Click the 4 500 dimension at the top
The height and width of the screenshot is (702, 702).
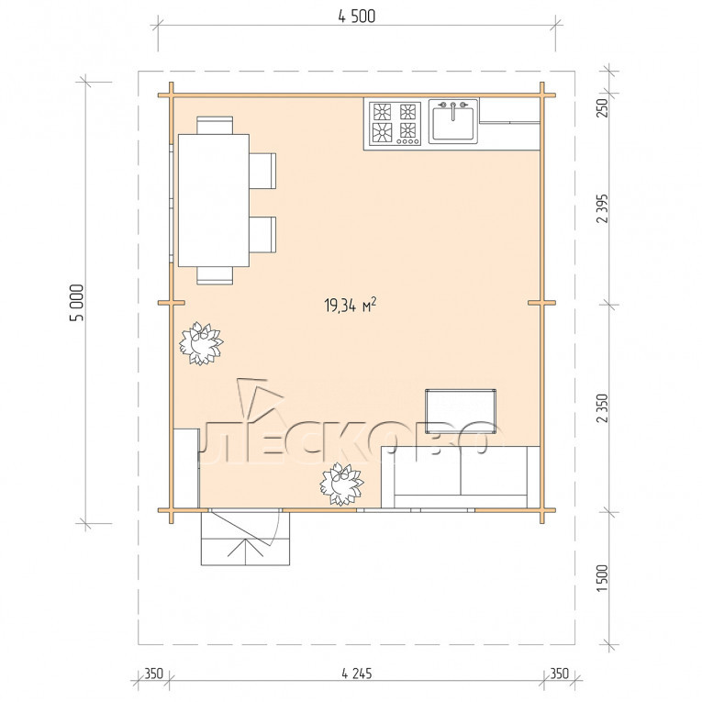pos(356,17)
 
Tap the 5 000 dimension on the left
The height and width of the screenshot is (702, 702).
pos(77,303)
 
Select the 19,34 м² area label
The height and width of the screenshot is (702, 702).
pos(351,306)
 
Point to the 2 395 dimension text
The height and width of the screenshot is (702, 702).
pos(603,208)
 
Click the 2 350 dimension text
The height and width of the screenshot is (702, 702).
pos(603,408)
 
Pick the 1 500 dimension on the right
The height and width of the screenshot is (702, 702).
pos(603,578)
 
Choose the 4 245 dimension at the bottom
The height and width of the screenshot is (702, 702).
pos(356,674)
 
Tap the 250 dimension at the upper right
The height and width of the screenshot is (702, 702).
pos(603,108)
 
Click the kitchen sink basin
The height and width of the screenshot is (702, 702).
pos(453,123)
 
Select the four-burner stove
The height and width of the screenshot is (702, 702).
pos(396,124)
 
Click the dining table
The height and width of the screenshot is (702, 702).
pos(214,200)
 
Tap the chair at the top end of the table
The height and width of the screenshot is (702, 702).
pos(215,126)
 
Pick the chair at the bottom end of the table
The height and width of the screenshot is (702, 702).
pos(215,275)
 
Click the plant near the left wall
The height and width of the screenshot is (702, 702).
pos(201,344)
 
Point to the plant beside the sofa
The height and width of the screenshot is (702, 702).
pos(341,485)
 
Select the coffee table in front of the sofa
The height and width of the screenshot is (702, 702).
pos(461,411)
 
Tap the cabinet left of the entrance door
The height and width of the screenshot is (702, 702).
pos(186,468)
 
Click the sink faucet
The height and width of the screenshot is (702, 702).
pos(453,110)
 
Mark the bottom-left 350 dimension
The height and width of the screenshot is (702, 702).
pos(153,674)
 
